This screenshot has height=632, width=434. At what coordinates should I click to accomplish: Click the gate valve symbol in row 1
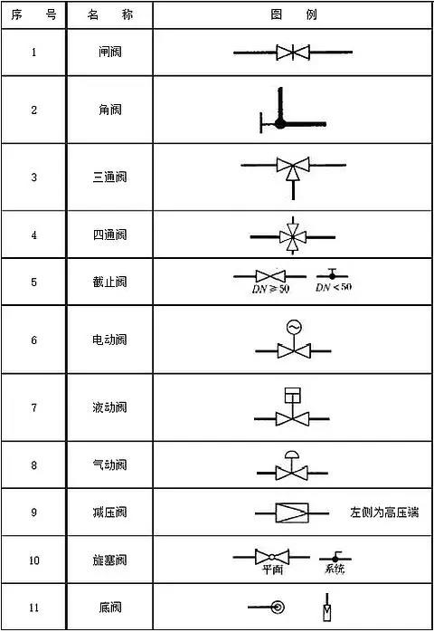[293, 53]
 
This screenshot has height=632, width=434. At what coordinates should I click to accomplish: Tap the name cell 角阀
[110, 110]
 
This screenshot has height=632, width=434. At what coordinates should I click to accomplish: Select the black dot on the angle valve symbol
[279, 123]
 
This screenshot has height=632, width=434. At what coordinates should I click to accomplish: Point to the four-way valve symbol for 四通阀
[293, 236]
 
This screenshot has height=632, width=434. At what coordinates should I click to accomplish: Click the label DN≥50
[270, 289]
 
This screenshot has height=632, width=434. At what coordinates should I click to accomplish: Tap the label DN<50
[334, 287]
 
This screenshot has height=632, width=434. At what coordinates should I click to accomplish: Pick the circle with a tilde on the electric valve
[294, 327]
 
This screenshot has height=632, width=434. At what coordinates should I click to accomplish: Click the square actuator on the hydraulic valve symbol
[293, 395]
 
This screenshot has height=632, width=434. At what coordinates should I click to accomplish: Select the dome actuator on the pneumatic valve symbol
[292, 455]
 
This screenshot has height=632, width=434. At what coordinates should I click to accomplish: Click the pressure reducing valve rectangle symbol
[292, 513]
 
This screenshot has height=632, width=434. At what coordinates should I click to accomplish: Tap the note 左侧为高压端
[384, 512]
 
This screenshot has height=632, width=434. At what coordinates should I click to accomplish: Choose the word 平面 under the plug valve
[272, 570]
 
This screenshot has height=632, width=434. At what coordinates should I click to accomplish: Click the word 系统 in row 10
[335, 569]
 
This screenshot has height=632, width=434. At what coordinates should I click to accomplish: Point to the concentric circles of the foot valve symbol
[278, 607]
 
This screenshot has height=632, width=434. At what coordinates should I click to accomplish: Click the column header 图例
[294, 14]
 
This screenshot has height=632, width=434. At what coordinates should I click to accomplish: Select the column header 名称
[110, 14]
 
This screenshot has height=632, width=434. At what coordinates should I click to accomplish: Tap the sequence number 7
[33, 407]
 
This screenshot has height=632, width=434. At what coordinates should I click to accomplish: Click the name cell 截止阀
[110, 282]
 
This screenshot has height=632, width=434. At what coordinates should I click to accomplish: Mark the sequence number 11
[33, 607]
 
